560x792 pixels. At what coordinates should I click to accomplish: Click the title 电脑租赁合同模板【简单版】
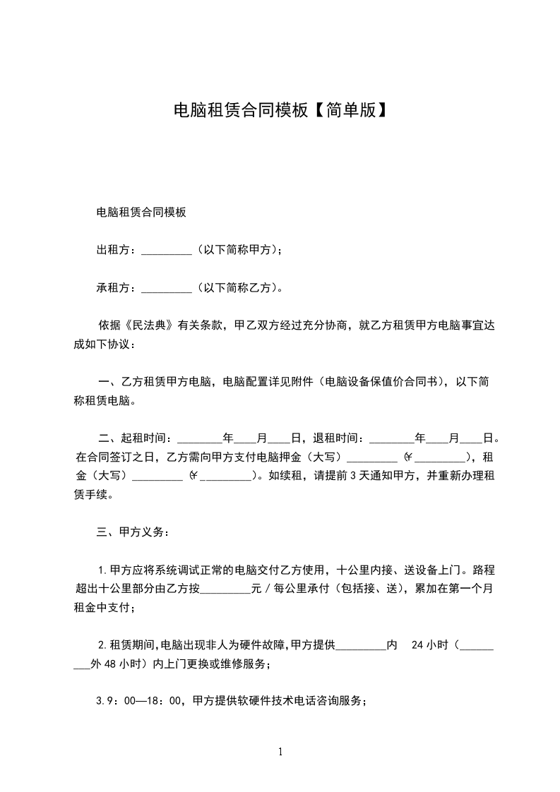[x=280, y=110]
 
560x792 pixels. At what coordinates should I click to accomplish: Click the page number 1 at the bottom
[x=280, y=752]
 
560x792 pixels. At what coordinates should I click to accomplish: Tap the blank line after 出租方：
[x=167, y=250]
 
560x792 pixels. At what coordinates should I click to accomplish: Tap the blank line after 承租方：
[x=167, y=288]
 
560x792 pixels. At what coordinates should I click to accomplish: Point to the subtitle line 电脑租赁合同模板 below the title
[x=141, y=212]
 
